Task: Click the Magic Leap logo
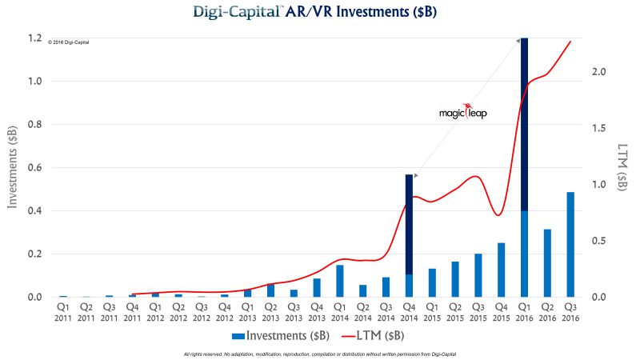[462, 113]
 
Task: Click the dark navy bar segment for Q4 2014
[409, 224]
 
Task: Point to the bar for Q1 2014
[339, 281]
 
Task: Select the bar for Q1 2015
[432, 282]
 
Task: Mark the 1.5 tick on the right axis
[598, 128]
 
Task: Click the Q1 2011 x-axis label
[62, 310]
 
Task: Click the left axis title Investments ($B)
[14, 168]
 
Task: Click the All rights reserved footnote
[319, 353]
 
